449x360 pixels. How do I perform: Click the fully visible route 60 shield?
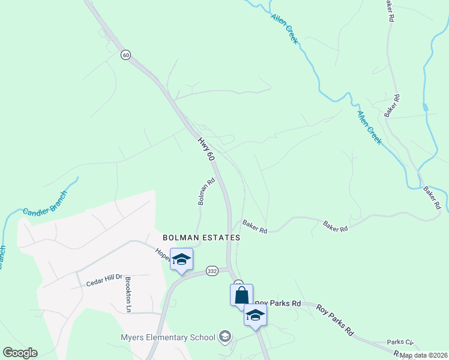pos(125,55)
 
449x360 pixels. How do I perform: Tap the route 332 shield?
pos(211,271)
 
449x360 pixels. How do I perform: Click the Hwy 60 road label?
pos(205,148)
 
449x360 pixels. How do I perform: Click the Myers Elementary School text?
pos(167,337)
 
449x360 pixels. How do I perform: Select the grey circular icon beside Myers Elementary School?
pos(225,336)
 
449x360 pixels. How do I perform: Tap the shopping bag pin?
pos(241,296)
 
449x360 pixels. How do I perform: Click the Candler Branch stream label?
pos(46,203)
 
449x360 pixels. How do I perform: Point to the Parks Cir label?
pos(400,342)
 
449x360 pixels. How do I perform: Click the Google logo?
pos(20,353)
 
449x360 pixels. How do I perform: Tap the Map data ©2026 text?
pos(423,355)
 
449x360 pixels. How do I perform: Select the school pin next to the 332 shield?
pos(181,260)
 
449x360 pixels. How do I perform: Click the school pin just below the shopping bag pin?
pos(255,316)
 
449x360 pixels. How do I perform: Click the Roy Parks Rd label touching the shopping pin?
pos(277,304)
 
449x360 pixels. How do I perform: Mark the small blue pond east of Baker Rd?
pos(426,107)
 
